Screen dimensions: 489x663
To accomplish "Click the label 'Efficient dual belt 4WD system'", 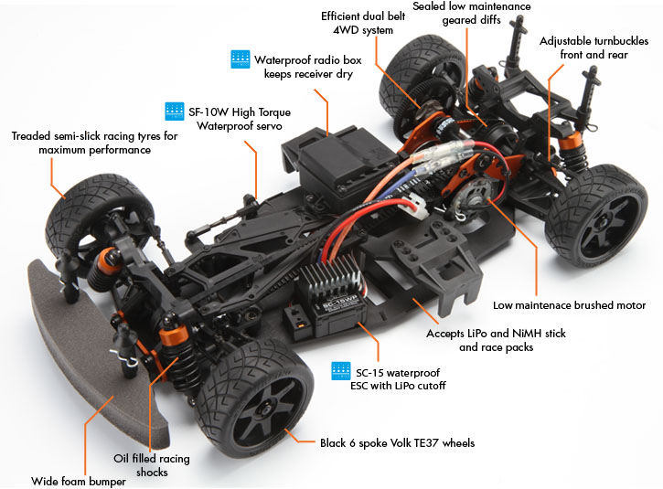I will click(x=358, y=23).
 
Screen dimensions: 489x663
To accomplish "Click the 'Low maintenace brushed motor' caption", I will click(x=569, y=305).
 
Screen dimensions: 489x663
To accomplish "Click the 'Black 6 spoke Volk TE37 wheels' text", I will click(x=397, y=443).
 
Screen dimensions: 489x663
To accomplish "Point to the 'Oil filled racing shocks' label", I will click(x=154, y=465).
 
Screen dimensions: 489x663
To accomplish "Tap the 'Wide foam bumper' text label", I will click(x=78, y=481).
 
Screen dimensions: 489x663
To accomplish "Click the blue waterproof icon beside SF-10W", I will click(x=175, y=112).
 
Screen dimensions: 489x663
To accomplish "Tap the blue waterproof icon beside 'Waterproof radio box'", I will click(x=241, y=59).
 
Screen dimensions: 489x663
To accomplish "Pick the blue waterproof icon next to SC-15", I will click(x=341, y=372).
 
